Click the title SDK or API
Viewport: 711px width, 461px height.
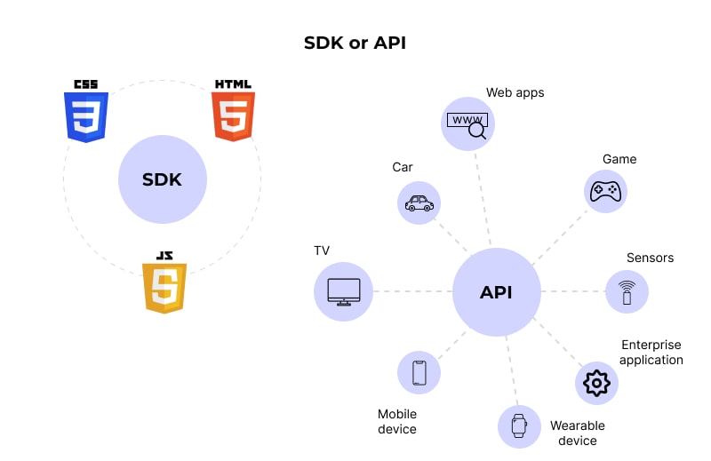pos(355,43)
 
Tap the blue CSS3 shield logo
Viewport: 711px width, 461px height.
pos(86,113)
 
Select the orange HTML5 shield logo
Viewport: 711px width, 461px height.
pos(233,113)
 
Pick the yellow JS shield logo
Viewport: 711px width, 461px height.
pos(164,283)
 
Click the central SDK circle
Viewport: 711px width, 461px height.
pos(162,179)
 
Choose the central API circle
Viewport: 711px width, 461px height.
pos(496,292)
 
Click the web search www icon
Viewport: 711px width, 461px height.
pos(467,124)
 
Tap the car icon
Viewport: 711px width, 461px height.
pos(419,203)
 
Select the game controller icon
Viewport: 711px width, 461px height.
pos(606,191)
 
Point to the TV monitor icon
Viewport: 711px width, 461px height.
pos(344,292)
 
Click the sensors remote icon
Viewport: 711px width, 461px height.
pos(627,292)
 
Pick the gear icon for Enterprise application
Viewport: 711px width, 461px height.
pos(595,383)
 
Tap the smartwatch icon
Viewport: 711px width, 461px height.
pos(518,426)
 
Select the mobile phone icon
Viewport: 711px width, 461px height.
pos(419,373)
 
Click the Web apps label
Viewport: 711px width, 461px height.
pos(515,92)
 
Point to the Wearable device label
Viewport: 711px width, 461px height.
pos(579,433)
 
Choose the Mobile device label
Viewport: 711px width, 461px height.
pos(397,421)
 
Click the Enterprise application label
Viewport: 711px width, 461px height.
pos(651,352)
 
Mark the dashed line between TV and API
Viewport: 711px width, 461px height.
pos(412,291)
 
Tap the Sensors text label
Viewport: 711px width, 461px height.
pos(650,258)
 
